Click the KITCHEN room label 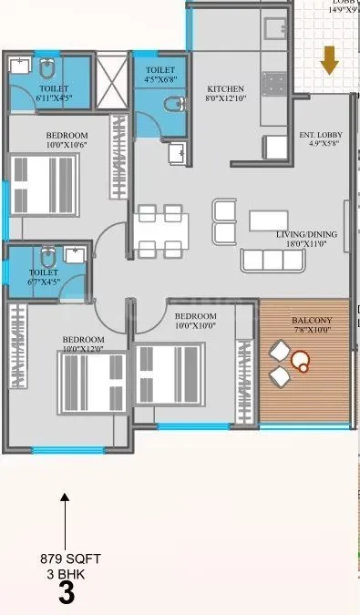pyautogui.click(x=224, y=88)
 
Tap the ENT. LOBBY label pyautogui.click(x=319, y=136)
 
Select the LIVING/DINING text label pyautogui.click(x=307, y=234)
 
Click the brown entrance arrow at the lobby pyautogui.click(x=329, y=61)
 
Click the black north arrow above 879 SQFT pyautogui.click(x=65, y=519)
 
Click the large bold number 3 pyautogui.click(x=66, y=595)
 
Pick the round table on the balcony pyautogui.click(x=300, y=362)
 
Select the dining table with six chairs pyautogui.click(x=160, y=231)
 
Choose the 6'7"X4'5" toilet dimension pyautogui.click(x=42, y=282)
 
